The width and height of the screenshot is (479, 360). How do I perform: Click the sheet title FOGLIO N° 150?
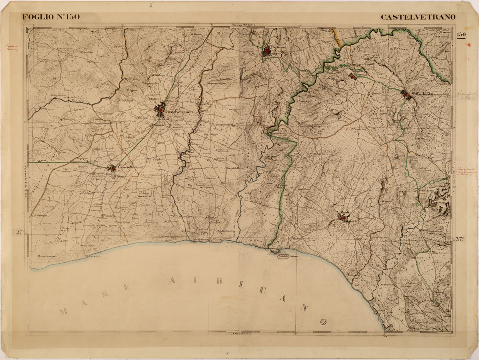pos(51,17)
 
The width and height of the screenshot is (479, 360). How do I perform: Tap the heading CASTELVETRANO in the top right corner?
pos(418,17)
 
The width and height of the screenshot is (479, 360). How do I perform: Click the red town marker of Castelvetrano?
pos(160,110)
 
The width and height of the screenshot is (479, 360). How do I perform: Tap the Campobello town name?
pos(126,167)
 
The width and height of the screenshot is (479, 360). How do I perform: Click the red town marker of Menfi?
pos(342,219)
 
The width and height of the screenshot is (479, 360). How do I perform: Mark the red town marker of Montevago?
pos(352,76)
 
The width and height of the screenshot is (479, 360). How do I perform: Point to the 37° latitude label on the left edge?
pos(20,233)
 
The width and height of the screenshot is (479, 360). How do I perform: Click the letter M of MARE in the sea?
pos(63,311)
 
